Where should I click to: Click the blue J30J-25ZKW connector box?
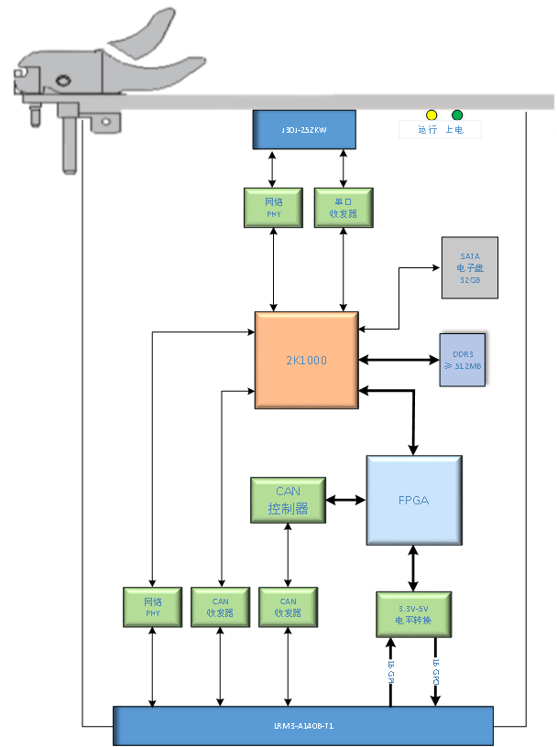pyautogui.click(x=303, y=129)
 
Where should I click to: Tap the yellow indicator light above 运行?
pyautogui.click(x=431, y=115)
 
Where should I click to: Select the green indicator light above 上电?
pyautogui.click(x=457, y=115)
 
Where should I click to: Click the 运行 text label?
pyautogui.click(x=428, y=130)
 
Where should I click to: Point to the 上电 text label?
pyautogui.click(x=454, y=130)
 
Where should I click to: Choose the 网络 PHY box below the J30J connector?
pyautogui.click(x=274, y=208)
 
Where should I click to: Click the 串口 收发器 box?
pyautogui.click(x=344, y=208)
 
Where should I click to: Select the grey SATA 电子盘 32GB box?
pyautogui.click(x=470, y=268)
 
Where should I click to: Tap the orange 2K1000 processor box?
pyautogui.click(x=306, y=361)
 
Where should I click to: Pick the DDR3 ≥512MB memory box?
pyautogui.click(x=462, y=360)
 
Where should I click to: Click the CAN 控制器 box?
pyautogui.click(x=288, y=501)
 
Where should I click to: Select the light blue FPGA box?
pyautogui.click(x=413, y=501)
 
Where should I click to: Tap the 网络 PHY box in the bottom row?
pyautogui.click(x=152, y=607)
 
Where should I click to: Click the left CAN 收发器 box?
pyautogui.click(x=220, y=607)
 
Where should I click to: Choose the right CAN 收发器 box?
pyautogui.click(x=288, y=607)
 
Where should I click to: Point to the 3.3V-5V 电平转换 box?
pyautogui.click(x=413, y=614)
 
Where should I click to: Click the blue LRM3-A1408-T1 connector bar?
pyautogui.click(x=303, y=725)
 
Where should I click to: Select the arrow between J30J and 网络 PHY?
pyautogui.click(x=272, y=168)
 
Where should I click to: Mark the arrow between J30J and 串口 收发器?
pyautogui.click(x=344, y=168)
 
